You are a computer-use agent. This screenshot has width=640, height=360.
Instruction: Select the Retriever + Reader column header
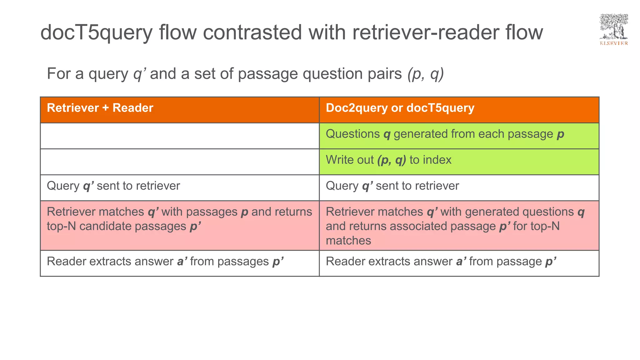100,108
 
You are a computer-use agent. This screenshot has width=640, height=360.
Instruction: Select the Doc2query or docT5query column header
400,108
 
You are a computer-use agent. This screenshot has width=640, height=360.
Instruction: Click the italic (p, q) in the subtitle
425,74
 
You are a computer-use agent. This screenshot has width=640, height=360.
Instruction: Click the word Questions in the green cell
352,134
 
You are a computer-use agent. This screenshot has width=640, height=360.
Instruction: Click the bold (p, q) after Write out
392,160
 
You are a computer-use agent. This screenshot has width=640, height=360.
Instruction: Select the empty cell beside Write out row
180,162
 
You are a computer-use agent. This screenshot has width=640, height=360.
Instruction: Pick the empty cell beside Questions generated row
180,136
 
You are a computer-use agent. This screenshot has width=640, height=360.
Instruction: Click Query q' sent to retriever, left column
113,186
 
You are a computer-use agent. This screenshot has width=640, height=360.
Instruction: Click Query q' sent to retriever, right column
392,186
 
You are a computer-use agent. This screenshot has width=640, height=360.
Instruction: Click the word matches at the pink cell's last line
348,241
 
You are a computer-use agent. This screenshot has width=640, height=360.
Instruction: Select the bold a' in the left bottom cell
182,262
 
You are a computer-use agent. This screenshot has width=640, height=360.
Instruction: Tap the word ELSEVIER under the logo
614,43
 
